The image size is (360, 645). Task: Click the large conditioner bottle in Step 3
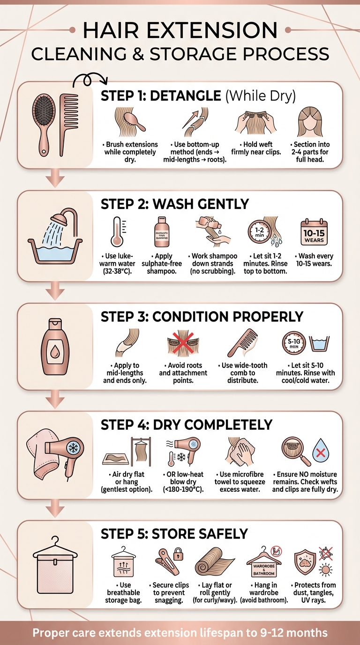click(55, 347)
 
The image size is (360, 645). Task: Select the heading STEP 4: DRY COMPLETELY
click(186, 425)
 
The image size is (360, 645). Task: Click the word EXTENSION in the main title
click(217, 31)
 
